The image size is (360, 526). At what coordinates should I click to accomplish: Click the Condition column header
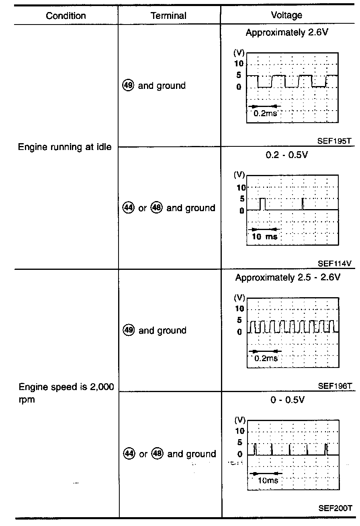[66, 16]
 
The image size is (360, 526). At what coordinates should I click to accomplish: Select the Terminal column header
[169, 16]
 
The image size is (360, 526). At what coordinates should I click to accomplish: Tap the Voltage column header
[286, 15]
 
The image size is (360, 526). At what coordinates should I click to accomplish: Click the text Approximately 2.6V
[287, 33]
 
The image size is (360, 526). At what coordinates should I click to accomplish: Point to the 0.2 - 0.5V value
[286, 155]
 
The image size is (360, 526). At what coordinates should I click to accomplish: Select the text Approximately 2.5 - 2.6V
[288, 277]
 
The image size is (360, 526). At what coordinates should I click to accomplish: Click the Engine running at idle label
[65, 147]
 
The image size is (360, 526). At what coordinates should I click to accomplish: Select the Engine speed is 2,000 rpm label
[66, 393]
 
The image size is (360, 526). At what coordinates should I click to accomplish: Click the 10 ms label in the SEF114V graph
[264, 236]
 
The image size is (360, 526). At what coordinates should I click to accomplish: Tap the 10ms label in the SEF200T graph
[267, 481]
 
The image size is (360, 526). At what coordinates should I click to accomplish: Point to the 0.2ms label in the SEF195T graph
[265, 113]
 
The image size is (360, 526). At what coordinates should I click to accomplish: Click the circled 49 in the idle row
[128, 86]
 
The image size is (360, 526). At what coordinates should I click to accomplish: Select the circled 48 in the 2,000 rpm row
[157, 454]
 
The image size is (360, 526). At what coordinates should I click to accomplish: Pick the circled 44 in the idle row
[128, 208]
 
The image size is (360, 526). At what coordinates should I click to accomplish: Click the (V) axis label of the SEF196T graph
[239, 298]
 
